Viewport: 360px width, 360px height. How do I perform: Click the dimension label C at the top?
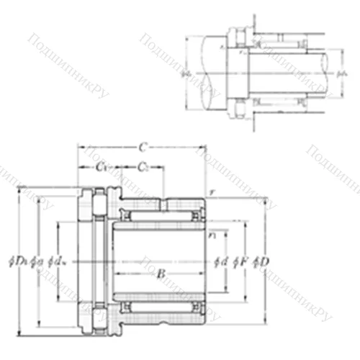(143, 148)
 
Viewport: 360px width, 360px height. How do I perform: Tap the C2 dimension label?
(143, 168)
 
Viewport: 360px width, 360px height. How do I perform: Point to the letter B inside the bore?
(161, 274)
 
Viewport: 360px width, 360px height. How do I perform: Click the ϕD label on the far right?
(263, 260)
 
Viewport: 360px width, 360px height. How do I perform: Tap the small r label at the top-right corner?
(212, 192)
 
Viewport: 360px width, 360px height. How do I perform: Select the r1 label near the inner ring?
(212, 234)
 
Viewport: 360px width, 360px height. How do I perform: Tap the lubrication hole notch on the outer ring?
(164, 206)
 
